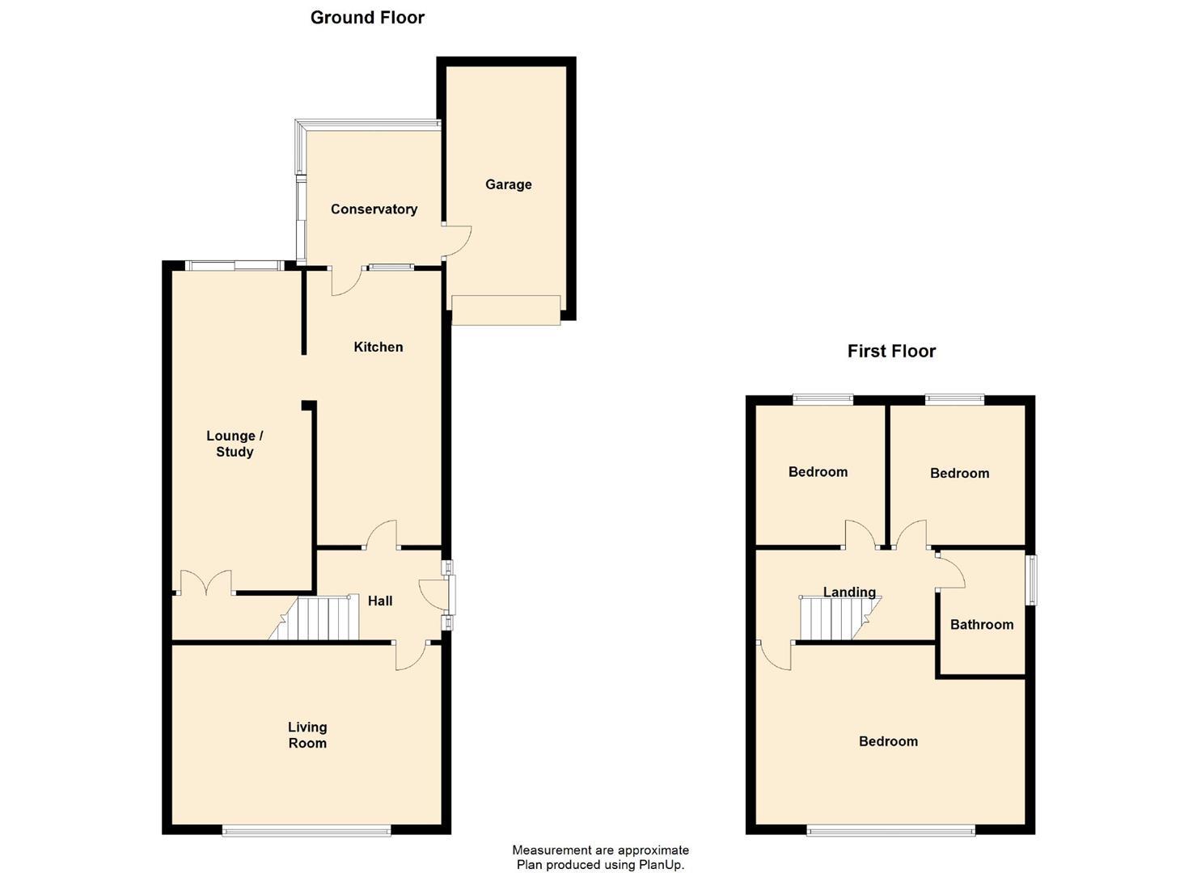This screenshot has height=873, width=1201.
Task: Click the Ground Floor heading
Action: click(367, 18)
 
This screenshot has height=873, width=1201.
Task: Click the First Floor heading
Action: click(891, 351)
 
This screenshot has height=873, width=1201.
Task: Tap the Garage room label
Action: click(508, 184)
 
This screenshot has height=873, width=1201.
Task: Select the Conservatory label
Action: click(374, 209)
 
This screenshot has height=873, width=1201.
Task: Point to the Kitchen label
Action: click(378, 347)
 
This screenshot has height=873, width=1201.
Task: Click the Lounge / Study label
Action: click(235, 444)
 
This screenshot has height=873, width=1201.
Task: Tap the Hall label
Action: click(380, 601)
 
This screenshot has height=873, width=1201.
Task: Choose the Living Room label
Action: click(307, 736)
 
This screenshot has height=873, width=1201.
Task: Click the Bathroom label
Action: click(981, 624)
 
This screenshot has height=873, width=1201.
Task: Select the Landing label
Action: click(849, 592)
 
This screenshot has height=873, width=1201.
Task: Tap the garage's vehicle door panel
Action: click(505, 310)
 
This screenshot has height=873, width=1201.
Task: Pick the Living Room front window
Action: click(307, 829)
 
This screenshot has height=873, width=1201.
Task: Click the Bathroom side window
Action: click(1031, 580)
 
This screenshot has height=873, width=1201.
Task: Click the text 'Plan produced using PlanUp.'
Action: click(600, 865)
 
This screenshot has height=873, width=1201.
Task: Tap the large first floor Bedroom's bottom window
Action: click(890, 829)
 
